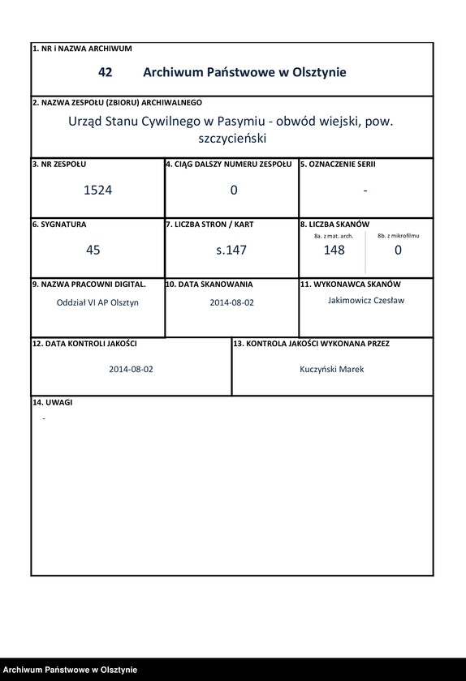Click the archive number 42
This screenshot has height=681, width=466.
tap(105, 72)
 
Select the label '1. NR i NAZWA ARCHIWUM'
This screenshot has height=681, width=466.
tap(82, 49)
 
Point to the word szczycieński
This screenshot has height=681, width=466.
tap(232, 139)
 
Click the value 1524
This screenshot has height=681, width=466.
tap(97, 191)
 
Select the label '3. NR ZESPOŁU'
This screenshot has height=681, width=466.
tap(59, 164)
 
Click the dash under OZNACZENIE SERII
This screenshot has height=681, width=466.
tap(365, 191)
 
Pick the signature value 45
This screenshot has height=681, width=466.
tap(93, 250)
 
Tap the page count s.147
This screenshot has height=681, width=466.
tap(231, 250)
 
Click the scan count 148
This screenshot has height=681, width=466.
tap(334, 250)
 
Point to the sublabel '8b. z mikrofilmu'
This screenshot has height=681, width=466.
tap(399, 235)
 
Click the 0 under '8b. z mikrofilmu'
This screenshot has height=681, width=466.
tap(398, 250)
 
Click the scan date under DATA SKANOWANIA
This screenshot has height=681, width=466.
tap(231, 302)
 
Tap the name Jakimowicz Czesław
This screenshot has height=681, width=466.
tap(365, 300)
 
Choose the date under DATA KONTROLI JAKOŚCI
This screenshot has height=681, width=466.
tap(132, 369)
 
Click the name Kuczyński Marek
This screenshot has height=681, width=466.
tap(332, 369)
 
